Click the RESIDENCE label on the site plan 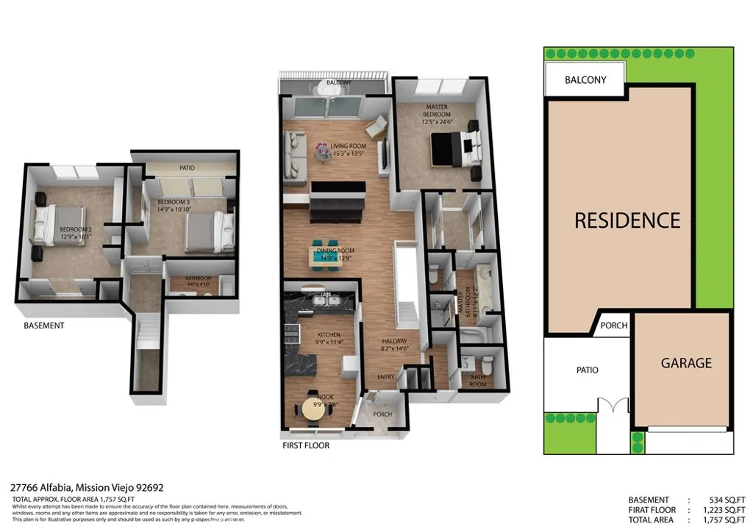[627, 220]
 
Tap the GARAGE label [685, 363]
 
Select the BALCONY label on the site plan [585, 79]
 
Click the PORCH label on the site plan [614, 326]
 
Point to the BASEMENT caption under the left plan [44, 326]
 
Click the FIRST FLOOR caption [306, 445]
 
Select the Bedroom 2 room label [76, 233]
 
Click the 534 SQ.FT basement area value [713, 500]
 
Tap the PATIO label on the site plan [586, 370]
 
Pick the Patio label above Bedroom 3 [187, 168]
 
